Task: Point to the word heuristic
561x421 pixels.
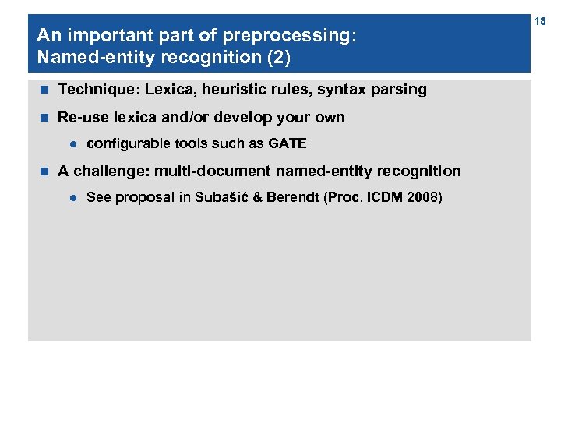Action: coord(236,90)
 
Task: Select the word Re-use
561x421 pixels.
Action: coord(80,118)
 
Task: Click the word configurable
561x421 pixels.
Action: coord(125,143)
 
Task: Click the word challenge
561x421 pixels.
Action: coord(108,171)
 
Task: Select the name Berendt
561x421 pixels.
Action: coord(291,197)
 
